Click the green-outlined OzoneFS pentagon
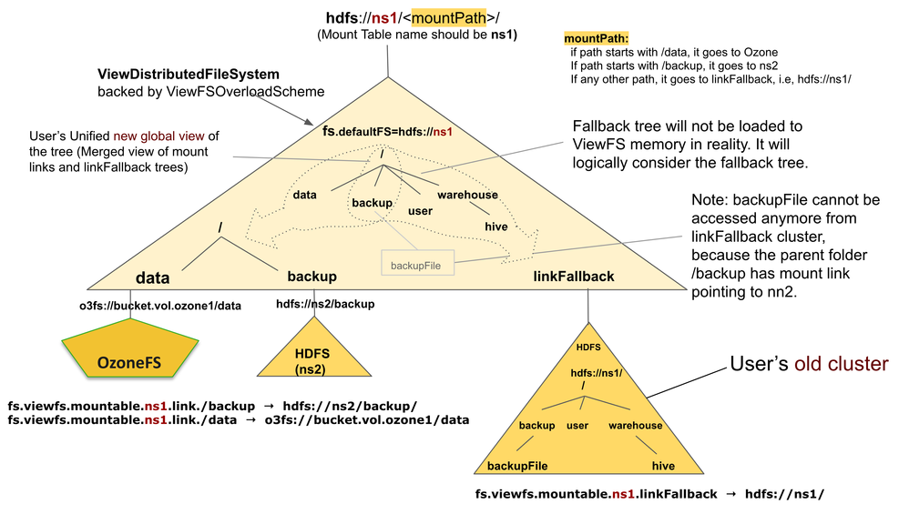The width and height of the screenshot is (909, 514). click(x=130, y=349)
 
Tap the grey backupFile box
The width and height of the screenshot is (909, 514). click(x=417, y=262)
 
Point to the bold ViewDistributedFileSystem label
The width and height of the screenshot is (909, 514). click(x=189, y=74)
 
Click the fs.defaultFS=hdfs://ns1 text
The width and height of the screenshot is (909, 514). click(x=387, y=131)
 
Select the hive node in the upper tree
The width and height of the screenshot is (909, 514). click(x=496, y=227)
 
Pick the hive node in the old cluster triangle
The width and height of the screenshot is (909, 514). click(x=663, y=466)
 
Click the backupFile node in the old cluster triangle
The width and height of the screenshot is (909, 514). click(x=517, y=466)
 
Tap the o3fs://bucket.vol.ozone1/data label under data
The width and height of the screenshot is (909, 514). click(x=160, y=306)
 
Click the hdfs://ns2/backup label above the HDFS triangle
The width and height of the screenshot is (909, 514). click(x=325, y=304)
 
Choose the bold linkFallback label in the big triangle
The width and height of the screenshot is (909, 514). click(x=573, y=276)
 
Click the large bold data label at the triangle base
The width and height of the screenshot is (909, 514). click(x=152, y=277)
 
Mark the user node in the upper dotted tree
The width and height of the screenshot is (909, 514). click(x=420, y=211)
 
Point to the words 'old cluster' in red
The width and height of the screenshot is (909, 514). click(x=842, y=364)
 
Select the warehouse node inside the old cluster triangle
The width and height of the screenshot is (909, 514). click(x=636, y=426)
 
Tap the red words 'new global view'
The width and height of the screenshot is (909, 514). click(x=158, y=136)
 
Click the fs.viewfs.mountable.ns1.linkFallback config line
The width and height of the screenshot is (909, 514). click(x=649, y=494)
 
